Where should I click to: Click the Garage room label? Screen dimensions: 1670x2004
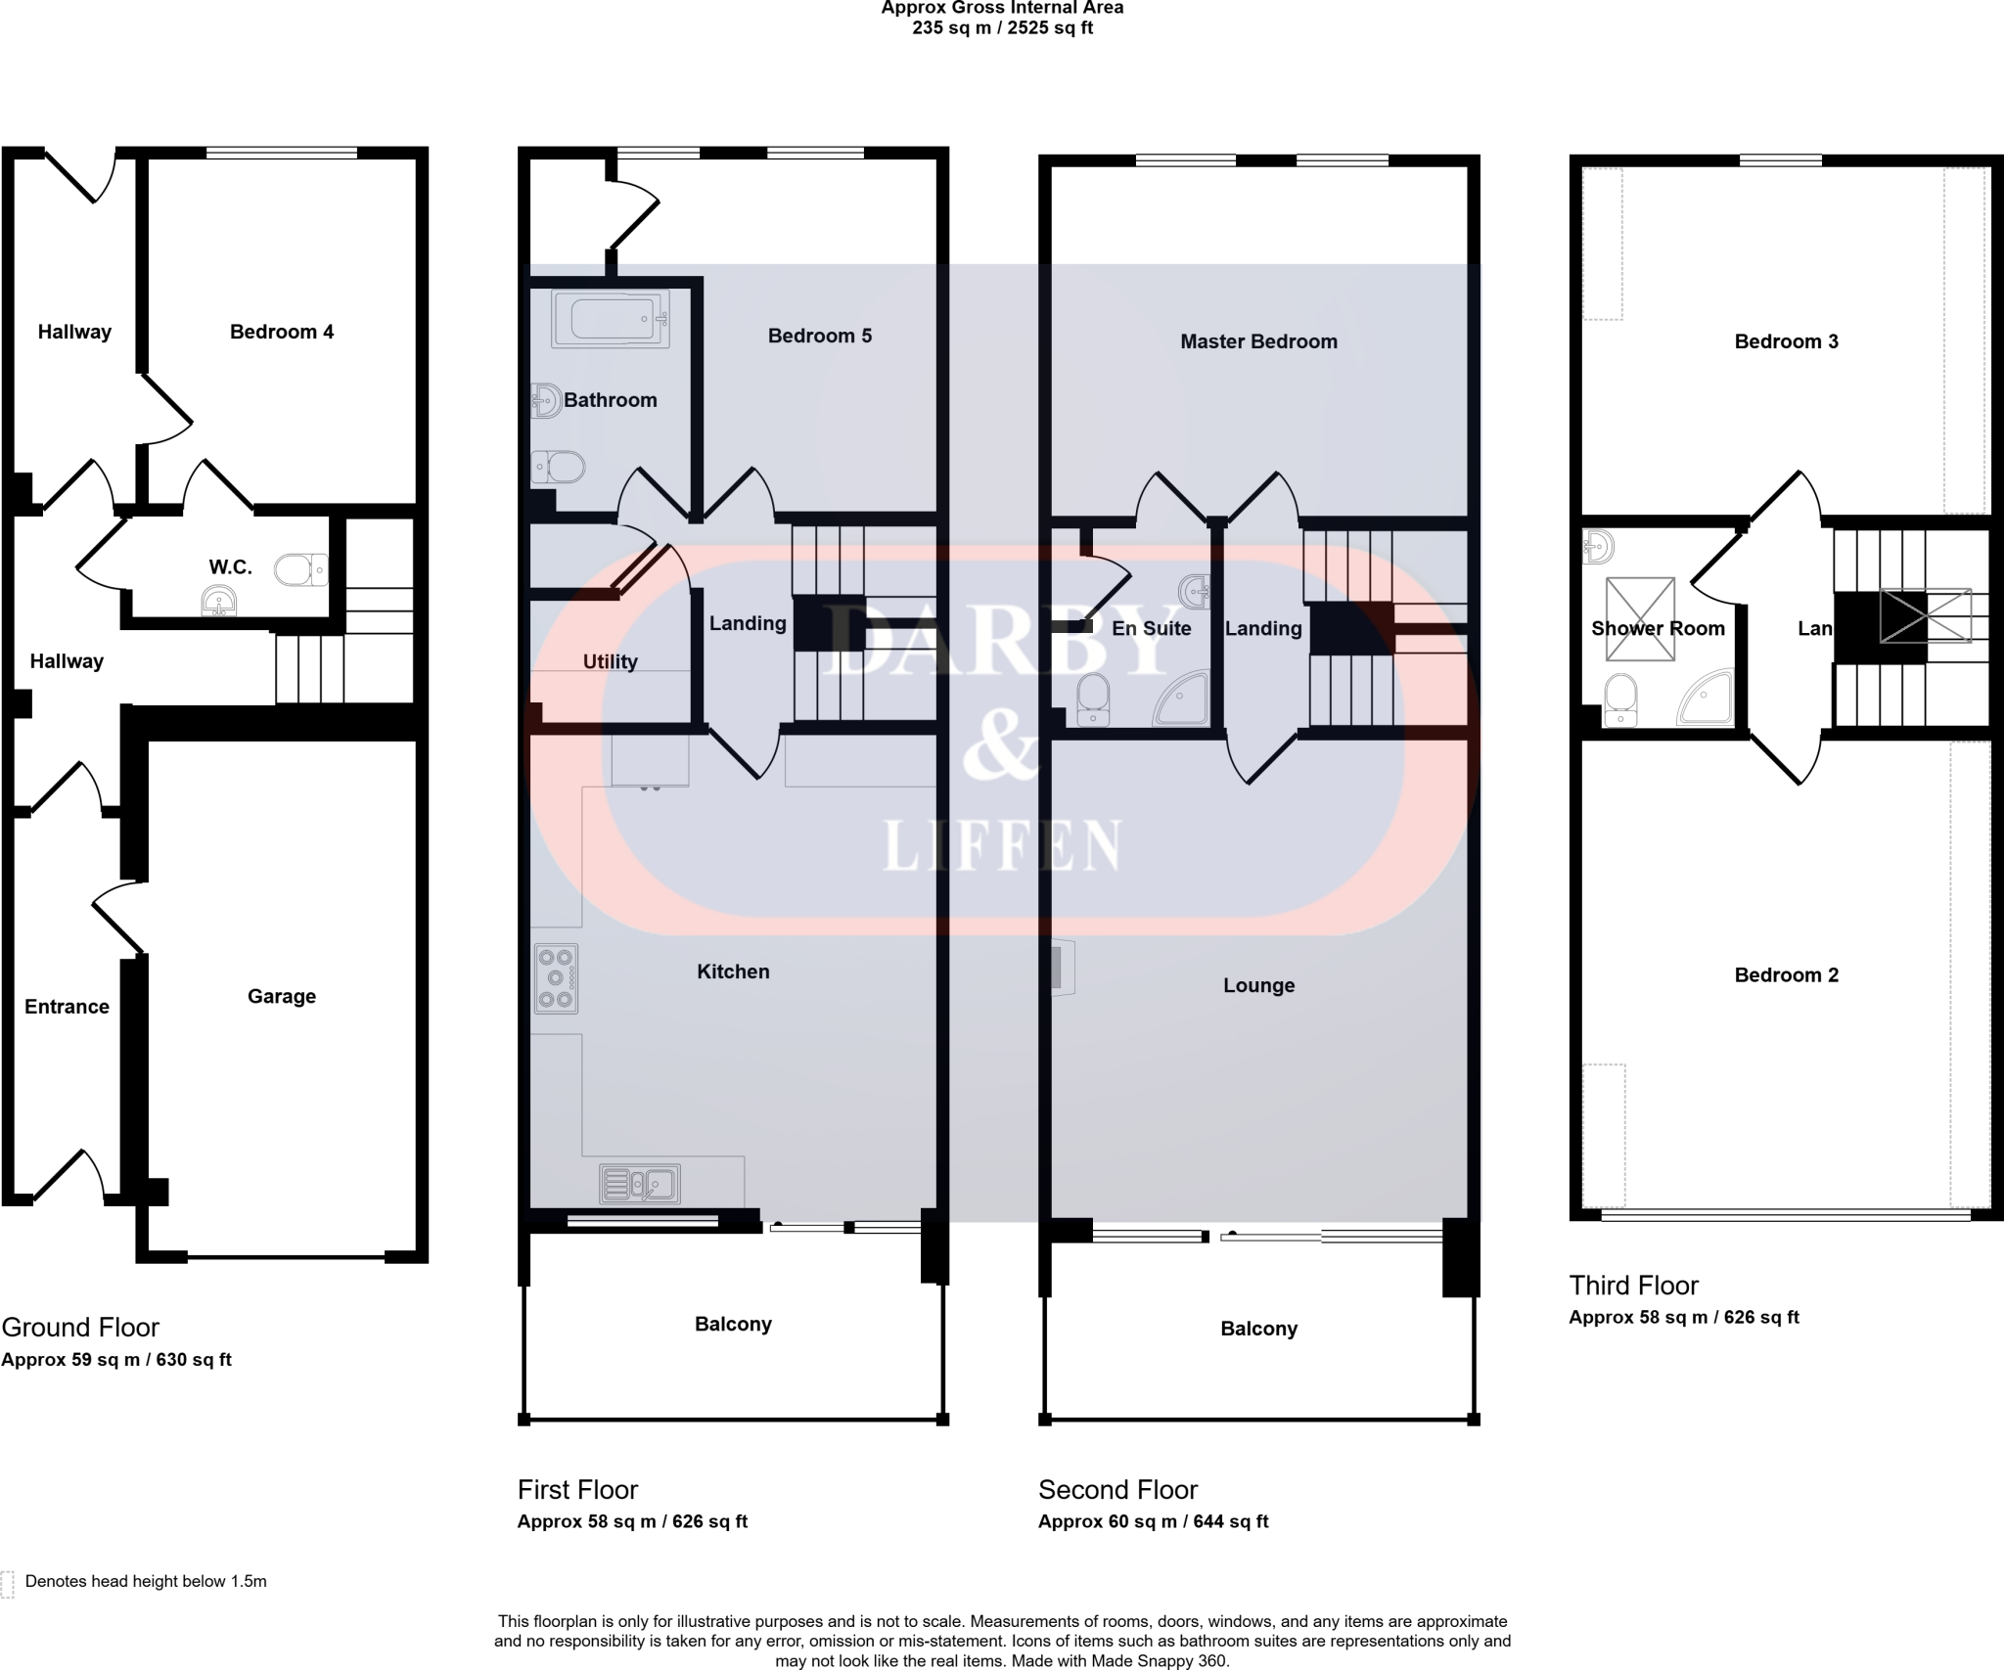[x=281, y=996]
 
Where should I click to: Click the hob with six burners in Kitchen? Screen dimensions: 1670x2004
[x=556, y=977]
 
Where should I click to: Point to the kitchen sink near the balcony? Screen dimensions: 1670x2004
[x=640, y=1185]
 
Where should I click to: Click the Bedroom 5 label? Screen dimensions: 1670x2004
[x=819, y=336]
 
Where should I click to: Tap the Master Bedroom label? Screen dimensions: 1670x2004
[x=1257, y=341]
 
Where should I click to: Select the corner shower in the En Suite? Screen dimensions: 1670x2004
[x=1183, y=699]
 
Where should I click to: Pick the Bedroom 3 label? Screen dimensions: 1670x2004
[x=1786, y=341]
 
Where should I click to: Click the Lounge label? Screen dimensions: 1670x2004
[x=1258, y=985]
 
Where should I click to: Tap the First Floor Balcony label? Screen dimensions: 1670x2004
[x=733, y=1324]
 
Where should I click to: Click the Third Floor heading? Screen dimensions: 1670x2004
[x=1633, y=1285]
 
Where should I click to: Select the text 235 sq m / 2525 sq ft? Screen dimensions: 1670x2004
[x=1002, y=27]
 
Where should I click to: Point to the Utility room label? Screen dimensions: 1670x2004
[x=610, y=661]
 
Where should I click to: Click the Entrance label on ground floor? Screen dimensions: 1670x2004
[x=67, y=1007]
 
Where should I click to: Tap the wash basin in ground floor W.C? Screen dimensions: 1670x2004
[x=218, y=601]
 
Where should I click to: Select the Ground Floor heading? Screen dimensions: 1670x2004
[x=80, y=1327]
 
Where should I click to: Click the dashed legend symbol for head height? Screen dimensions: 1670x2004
[x=8, y=1582]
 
